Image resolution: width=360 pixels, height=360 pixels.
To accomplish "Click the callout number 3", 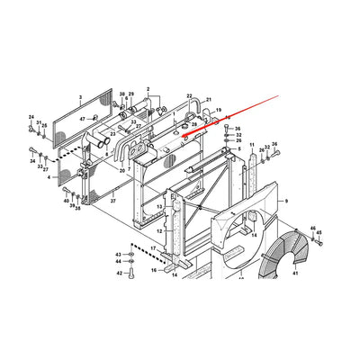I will [80, 96].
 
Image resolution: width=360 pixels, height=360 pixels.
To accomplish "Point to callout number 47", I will [82, 119].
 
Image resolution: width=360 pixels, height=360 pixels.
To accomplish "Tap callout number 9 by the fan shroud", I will [286, 202].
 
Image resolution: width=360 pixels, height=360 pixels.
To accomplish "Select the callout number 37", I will [113, 202].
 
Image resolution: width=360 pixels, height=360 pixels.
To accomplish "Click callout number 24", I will [31, 118].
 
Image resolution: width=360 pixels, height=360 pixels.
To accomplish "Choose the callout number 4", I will [61, 178].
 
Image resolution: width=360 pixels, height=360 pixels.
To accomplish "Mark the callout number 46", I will [315, 230].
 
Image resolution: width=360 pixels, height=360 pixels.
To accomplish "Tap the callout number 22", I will [190, 95].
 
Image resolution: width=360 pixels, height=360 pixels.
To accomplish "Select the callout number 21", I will [208, 100].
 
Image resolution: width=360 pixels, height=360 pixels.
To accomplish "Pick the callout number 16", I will [154, 268].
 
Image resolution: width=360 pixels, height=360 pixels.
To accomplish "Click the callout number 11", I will [252, 144].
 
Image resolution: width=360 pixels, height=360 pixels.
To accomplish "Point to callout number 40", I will [66, 201].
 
